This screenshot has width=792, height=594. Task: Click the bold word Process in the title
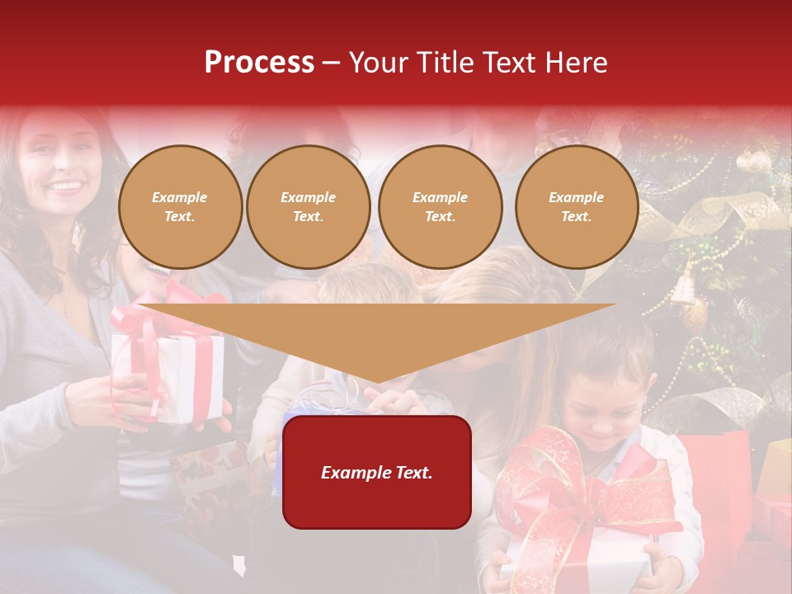click(259, 63)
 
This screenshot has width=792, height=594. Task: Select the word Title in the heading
click(445, 63)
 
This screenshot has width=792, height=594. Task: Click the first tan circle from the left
click(180, 207)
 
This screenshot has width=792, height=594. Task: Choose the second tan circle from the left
click(308, 207)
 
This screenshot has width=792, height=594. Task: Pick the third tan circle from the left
click(440, 207)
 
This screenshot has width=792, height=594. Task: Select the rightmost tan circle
click(576, 207)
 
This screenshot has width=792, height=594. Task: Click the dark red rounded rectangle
click(376, 472)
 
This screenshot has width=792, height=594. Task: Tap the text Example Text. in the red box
click(376, 473)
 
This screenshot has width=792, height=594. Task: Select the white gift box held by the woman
click(169, 375)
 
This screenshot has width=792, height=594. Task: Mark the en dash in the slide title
click(331, 64)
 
